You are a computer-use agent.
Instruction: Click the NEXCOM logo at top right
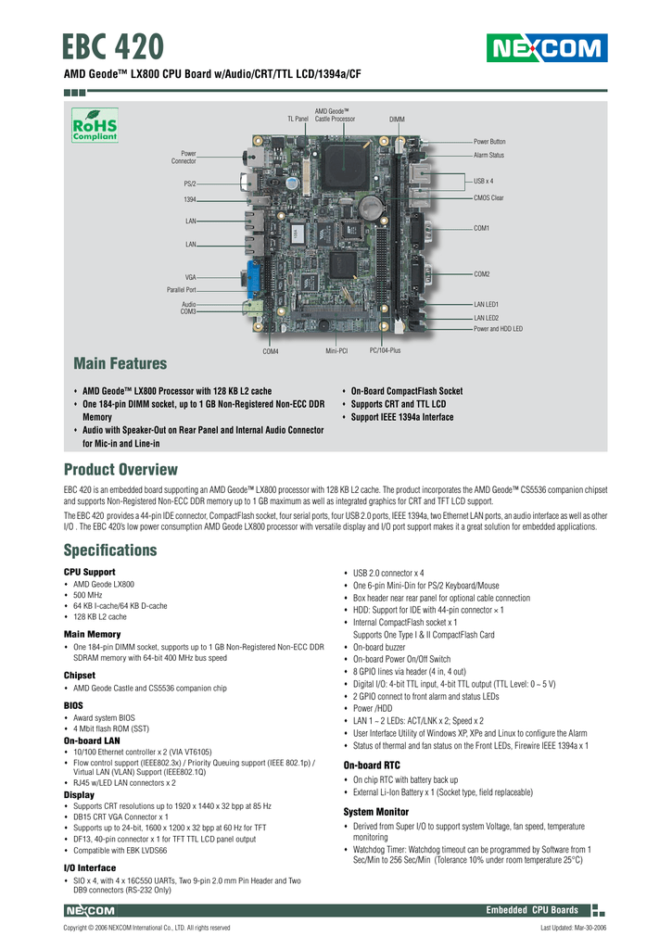(547, 48)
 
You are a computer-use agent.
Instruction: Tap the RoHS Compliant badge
(95, 125)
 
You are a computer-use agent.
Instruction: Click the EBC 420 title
(113, 46)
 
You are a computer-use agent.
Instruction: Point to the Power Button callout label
(489, 142)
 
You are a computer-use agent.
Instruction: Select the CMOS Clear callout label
(488, 198)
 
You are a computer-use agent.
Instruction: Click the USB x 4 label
(483, 181)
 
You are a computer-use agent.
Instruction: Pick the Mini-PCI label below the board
(336, 351)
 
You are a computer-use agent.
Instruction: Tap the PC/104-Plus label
(385, 350)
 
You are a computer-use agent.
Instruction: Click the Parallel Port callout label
(181, 290)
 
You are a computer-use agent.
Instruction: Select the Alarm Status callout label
(488, 155)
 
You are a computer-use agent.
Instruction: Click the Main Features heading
(120, 363)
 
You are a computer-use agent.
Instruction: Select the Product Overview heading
(120, 469)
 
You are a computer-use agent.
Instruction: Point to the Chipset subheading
(80, 675)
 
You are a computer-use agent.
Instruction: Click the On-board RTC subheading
(372, 765)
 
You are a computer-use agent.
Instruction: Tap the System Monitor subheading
(376, 812)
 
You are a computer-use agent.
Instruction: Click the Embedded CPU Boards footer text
(531, 910)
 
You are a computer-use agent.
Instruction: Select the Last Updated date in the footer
(574, 928)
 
